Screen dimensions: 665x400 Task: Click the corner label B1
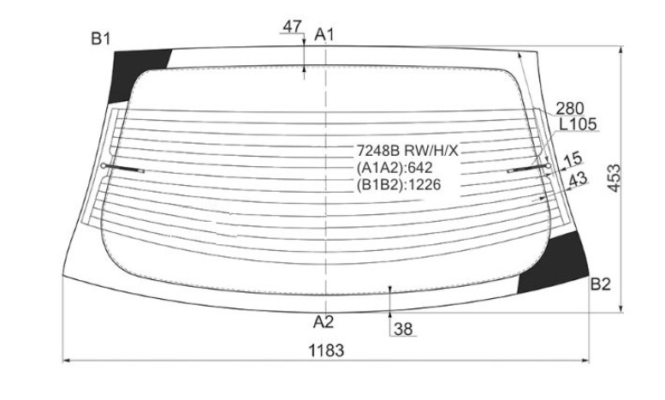[100, 39]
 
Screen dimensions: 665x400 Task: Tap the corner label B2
[600, 284]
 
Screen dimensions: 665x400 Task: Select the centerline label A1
[324, 35]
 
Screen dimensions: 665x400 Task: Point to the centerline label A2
[324, 322]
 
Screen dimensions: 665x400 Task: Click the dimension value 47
[292, 27]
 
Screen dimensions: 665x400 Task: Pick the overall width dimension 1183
[326, 350]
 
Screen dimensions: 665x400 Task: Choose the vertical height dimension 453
[614, 178]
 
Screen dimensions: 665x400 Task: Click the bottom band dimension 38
[403, 329]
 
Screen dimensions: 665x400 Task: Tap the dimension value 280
[570, 109]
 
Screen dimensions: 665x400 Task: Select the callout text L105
[578, 124]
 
